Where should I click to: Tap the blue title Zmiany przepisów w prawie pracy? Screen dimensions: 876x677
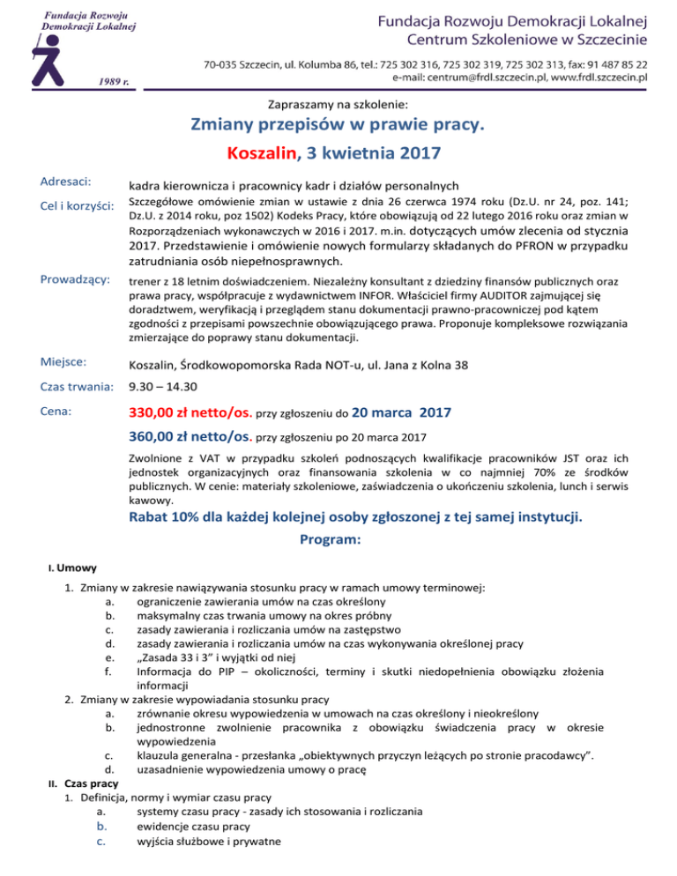[338, 125]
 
